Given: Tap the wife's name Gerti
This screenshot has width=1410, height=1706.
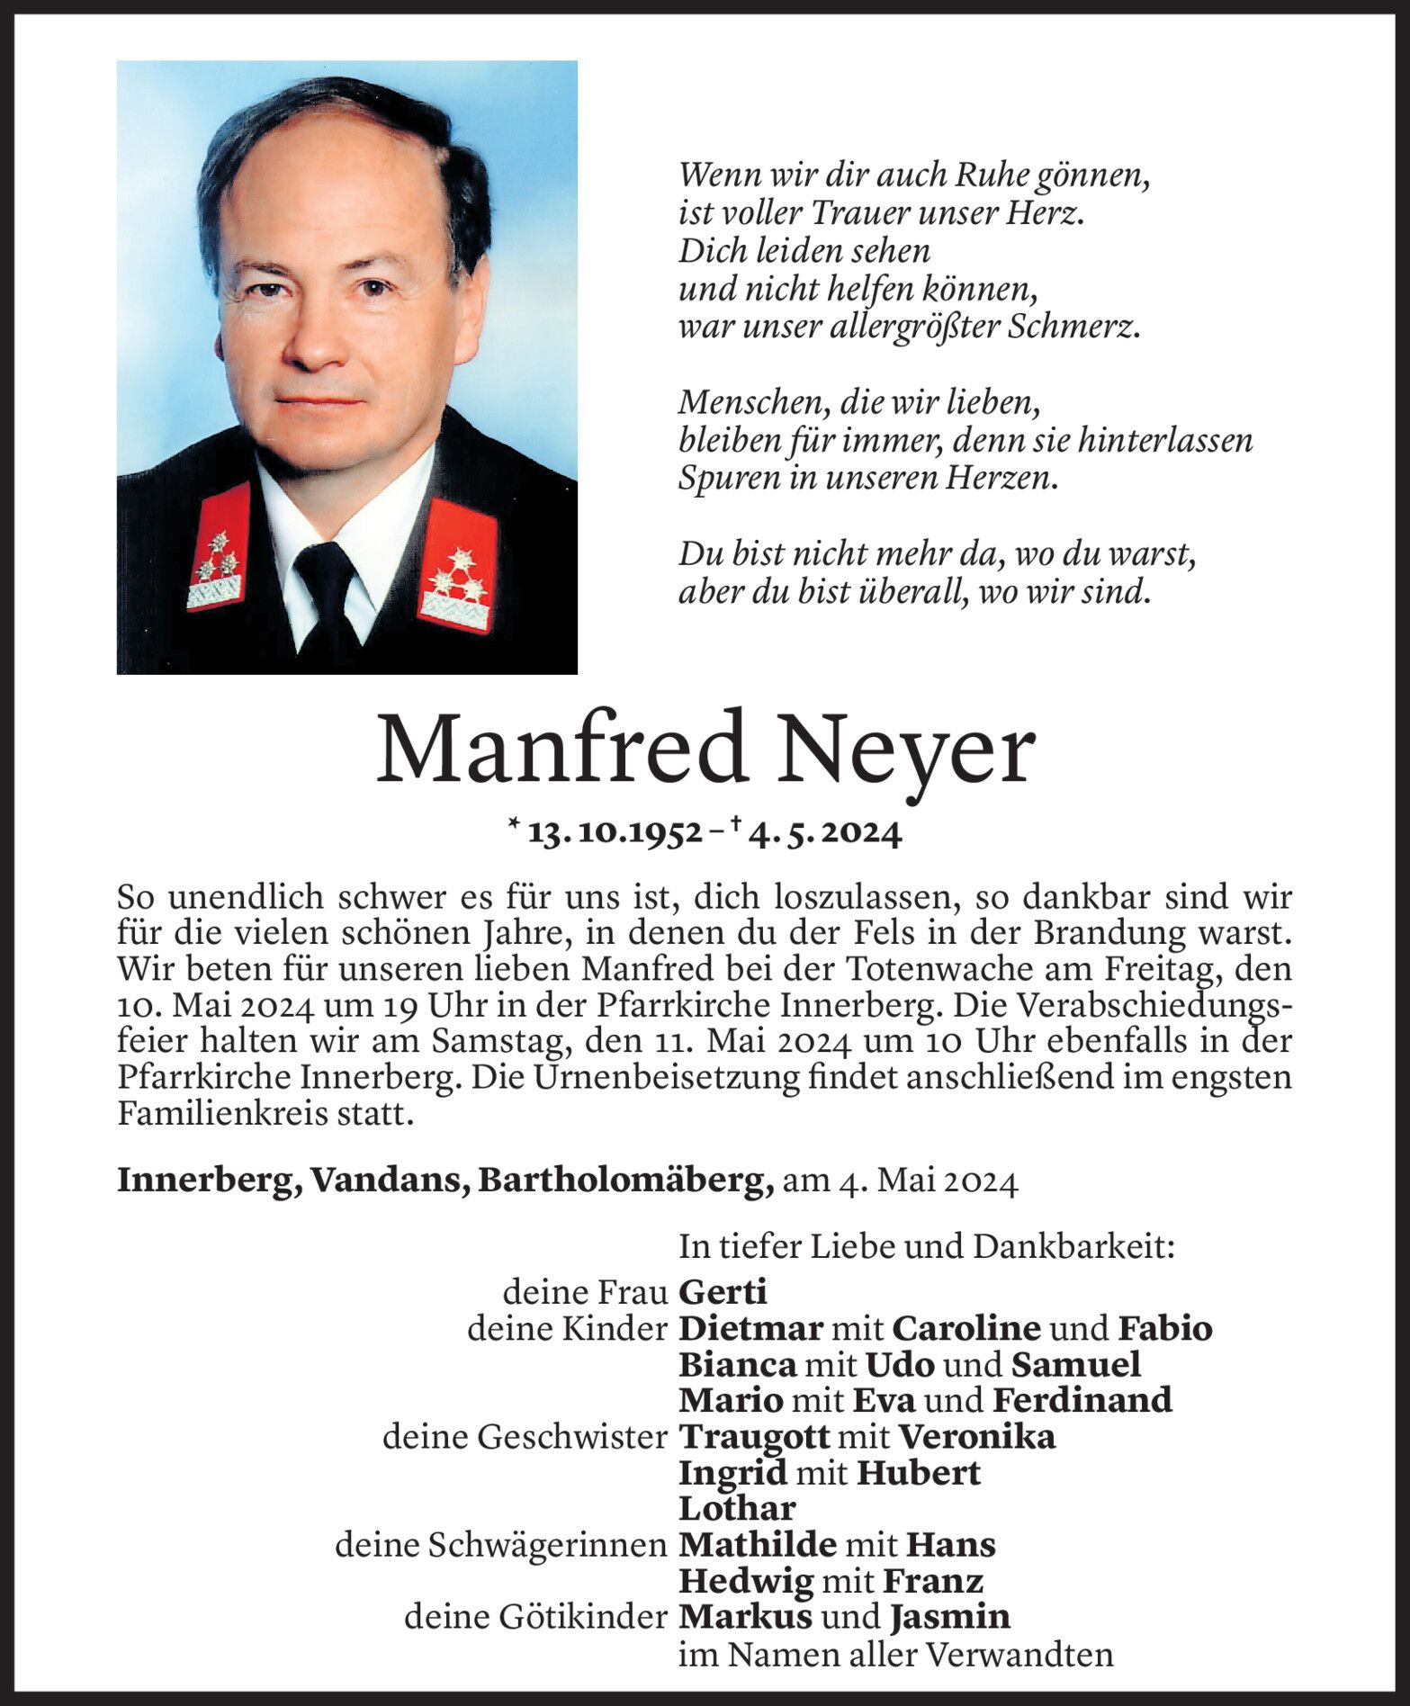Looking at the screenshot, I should point(723,1293).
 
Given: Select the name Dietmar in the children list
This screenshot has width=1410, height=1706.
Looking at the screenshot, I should point(750,1329).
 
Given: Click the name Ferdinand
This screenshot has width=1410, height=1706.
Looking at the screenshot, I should point(1082,1400).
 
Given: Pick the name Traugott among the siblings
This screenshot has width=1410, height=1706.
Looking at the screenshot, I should point(753,1437).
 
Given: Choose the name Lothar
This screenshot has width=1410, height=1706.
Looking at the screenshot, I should point(737,1509).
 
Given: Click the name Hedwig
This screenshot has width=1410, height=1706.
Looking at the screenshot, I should point(746,1581).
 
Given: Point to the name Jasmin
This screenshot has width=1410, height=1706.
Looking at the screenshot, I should point(950,1617).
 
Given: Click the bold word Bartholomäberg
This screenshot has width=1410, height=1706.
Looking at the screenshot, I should point(625,1181).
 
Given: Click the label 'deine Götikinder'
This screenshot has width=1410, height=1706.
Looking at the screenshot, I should point(535,1617).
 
